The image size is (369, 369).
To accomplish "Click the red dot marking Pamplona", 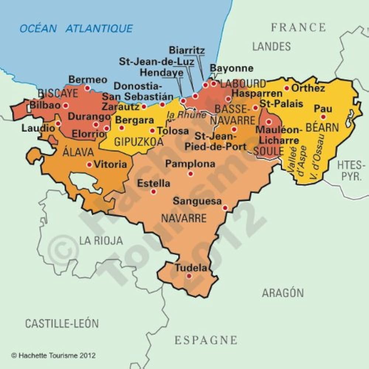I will coord(190,173).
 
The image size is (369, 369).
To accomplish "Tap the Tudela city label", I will coord(191,268).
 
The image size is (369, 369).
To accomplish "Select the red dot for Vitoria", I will coord(89,165).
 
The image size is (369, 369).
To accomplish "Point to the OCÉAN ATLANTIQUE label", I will coord(76,28).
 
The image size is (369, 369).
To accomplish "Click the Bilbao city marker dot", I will coord(66,106).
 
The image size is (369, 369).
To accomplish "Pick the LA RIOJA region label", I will coord(101,241).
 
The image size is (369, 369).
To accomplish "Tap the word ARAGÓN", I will coord(283,293).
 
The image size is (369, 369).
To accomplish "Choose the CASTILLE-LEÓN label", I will coord(62,324).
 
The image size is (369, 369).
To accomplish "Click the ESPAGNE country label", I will coord(206,340).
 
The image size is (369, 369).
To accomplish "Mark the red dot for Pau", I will coord(323,117).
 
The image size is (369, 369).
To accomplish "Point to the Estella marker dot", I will coord(154,192).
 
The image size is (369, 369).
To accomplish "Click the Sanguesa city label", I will coord(197,201).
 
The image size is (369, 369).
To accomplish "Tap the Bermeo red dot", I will coord(87,88).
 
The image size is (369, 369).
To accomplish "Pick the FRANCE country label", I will coord(299,27).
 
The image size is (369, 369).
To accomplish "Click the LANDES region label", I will coord(272,46).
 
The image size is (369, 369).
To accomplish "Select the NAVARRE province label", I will coord(184,218).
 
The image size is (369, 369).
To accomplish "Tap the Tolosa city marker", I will coord(152,131).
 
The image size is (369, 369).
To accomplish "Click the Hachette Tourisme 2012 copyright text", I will coord(54,355).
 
